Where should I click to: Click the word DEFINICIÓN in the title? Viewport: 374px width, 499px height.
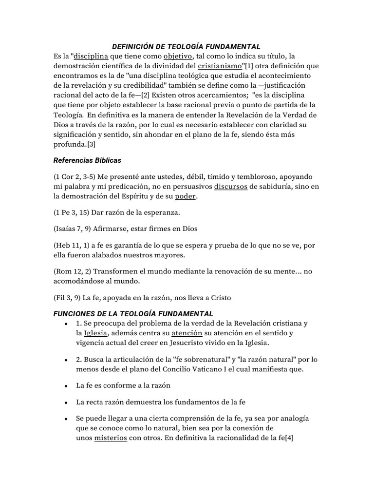point(133,47)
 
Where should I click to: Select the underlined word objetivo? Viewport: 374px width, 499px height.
point(178,56)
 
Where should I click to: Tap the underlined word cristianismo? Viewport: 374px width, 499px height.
point(220,66)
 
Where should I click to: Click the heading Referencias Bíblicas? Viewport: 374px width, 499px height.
point(87,160)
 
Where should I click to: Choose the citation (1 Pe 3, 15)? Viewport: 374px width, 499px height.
point(69,212)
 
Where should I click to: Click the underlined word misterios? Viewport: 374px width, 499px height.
point(111,438)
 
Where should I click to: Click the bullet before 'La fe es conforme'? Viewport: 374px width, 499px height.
point(65,385)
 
